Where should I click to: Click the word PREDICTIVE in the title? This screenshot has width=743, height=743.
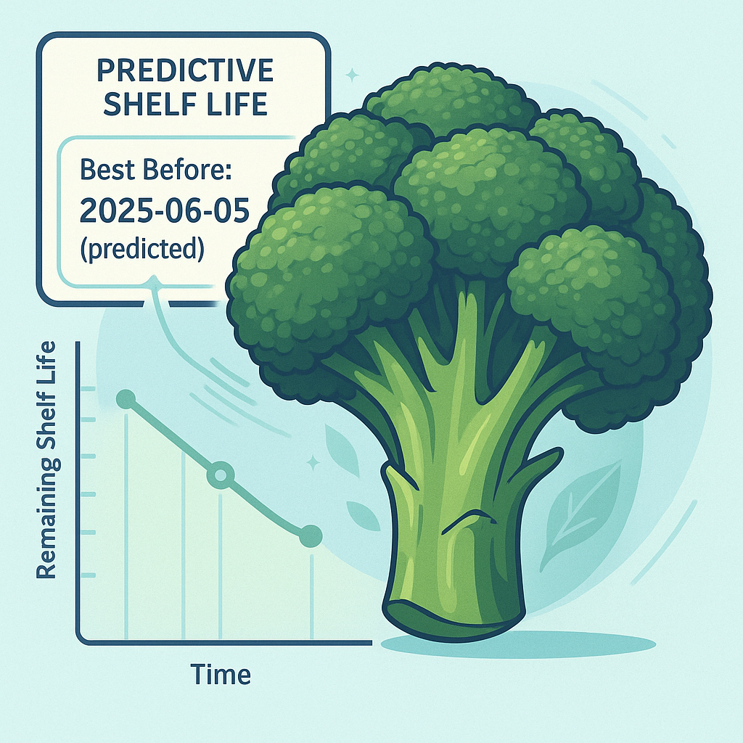coord(184,71)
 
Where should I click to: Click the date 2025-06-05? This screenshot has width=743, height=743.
coord(165,210)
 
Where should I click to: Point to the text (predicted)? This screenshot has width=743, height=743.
coord(141,248)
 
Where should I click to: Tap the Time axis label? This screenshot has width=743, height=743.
coord(221,675)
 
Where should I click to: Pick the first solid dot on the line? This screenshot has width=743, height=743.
coord(126,398)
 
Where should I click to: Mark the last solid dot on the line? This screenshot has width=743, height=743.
coord(311,535)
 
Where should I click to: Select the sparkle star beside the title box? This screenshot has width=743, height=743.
coord(353,74)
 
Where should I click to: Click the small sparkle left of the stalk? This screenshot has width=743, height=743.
coord(313,462)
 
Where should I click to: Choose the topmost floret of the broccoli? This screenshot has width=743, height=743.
coord(450,98)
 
